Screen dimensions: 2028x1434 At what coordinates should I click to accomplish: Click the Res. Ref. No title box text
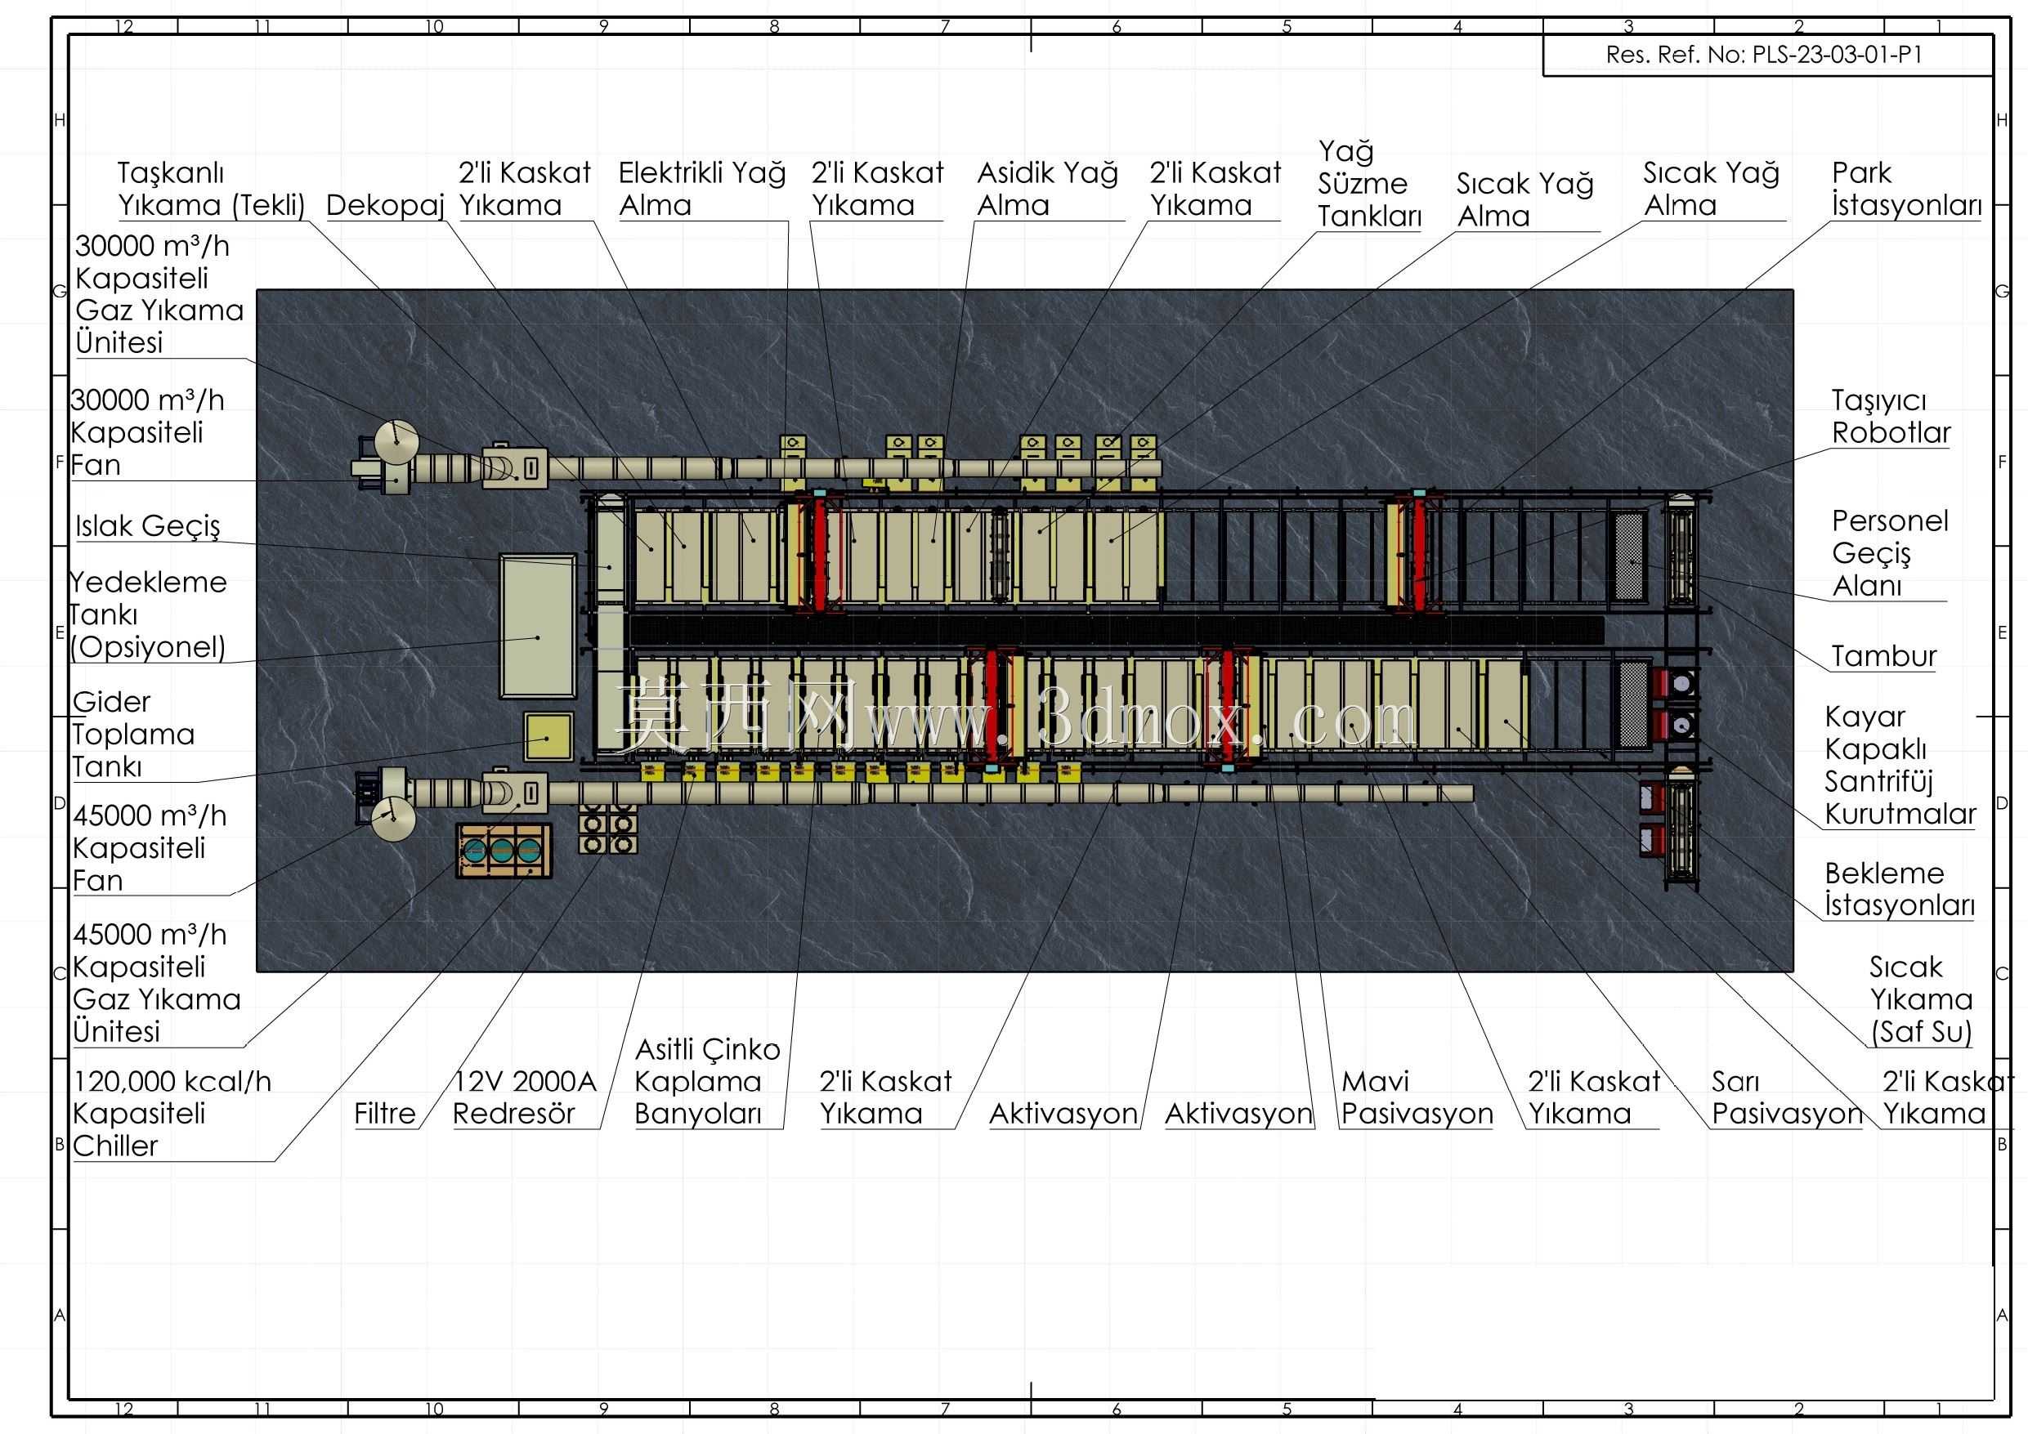1764,55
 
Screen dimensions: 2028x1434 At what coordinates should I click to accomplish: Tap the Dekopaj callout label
385,205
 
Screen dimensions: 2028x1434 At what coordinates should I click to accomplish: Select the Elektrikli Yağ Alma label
702,188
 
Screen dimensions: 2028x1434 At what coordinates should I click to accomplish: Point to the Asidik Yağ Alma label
1048,188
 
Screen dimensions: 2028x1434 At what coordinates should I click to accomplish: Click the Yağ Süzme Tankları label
1370,184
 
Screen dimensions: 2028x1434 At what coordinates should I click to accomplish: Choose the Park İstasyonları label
1907,188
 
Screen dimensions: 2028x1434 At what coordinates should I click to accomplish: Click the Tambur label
1884,656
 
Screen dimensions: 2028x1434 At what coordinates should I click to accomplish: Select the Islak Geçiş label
147,526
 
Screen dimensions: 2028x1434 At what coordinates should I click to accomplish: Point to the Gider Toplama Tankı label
133,734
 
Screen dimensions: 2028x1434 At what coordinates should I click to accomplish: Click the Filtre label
385,1114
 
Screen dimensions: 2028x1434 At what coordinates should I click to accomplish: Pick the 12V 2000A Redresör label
525,1097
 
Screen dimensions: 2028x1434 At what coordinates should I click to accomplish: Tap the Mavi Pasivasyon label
1417,1097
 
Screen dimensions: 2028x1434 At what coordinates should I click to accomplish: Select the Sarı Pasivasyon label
1787,1097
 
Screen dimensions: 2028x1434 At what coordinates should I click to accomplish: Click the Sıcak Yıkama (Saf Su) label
1921,999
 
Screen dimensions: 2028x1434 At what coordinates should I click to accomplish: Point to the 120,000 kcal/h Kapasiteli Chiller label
172,1114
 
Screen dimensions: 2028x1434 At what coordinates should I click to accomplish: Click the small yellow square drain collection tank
548,737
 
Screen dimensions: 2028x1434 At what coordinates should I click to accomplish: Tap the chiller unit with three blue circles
504,851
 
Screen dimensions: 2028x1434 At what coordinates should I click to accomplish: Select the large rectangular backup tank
538,626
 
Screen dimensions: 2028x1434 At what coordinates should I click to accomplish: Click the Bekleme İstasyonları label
1900,889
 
